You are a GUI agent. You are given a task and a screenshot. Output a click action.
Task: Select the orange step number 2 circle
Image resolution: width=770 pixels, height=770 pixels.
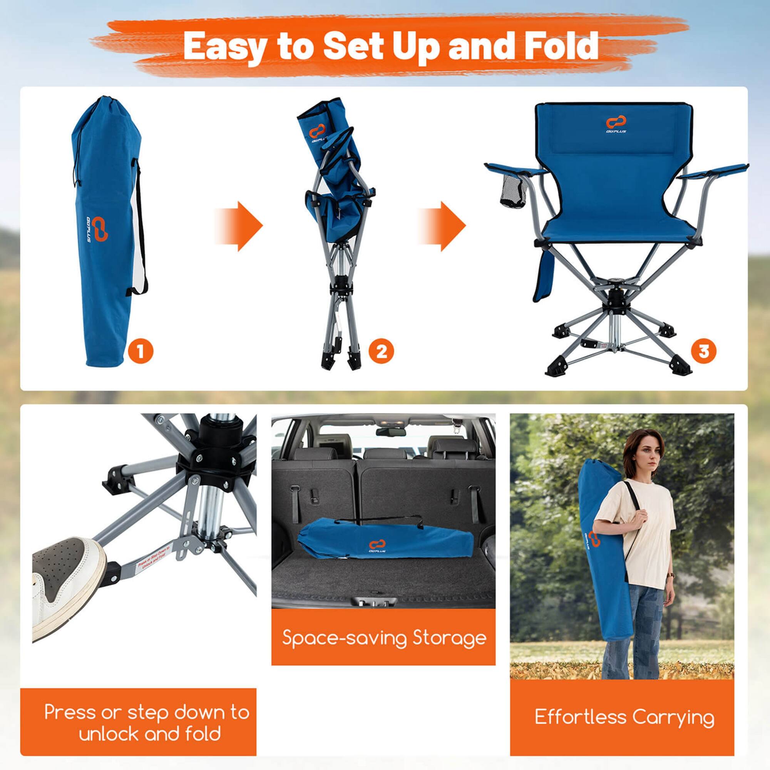[x=381, y=351]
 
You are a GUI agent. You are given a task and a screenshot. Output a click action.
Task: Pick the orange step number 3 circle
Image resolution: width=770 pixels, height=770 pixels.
[x=704, y=351]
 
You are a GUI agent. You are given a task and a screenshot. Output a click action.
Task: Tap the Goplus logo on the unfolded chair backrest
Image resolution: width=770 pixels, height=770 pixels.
[x=616, y=124]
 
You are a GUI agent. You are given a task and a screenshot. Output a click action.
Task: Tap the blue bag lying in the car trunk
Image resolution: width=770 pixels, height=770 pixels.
[x=385, y=541]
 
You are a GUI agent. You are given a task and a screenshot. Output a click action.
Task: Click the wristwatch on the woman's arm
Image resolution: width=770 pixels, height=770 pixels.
[x=671, y=576]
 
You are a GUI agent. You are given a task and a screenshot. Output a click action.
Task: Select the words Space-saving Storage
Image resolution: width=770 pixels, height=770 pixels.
[x=384, y=638]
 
